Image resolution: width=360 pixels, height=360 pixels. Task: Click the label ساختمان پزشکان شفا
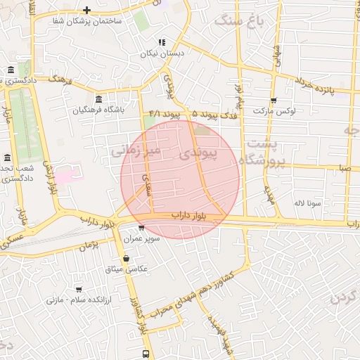coord(87,21)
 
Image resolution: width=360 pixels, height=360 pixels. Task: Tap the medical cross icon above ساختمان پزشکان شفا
coord(86,10)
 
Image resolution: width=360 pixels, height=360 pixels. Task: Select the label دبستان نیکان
coord(161,53)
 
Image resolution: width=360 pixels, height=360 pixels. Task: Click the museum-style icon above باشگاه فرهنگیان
coord(97,98)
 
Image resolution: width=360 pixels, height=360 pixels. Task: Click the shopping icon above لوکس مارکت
coord(274,100)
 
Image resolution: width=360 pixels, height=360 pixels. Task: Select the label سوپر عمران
coord(143,239)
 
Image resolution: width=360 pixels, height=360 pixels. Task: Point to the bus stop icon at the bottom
coord(146,354)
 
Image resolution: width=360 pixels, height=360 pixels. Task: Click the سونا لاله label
coord(307,202)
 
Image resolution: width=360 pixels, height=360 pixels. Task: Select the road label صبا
coord(344,168)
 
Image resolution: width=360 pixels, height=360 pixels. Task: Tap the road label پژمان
coord(88,245)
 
